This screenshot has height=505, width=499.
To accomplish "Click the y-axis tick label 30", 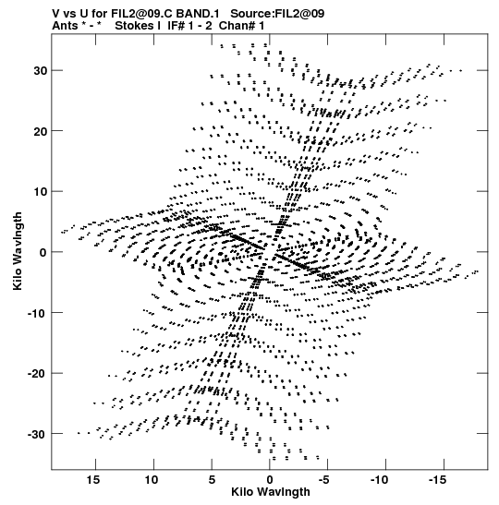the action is click(40, 71).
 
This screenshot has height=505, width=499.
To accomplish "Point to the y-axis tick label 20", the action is click(40, 131).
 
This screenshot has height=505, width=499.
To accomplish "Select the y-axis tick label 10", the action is click(40, 192).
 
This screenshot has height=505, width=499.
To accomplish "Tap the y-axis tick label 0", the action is click(43, 253).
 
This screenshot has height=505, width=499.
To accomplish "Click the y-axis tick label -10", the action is click(37, 313).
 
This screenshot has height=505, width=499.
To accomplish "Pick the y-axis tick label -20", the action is click(37, 374).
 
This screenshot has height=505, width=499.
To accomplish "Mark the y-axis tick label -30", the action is click(37, 435).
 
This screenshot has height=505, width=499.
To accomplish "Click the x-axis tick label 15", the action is click(93, 480).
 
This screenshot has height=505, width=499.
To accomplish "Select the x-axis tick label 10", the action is click(152, 480).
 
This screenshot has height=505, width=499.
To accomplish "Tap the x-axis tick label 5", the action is click(212, 480).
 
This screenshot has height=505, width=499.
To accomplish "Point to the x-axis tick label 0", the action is click(270, 480).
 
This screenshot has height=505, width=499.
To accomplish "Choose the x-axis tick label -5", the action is click(324, 480).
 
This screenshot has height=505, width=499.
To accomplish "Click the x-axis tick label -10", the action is click(380, 480).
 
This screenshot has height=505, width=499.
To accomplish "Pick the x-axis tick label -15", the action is click(437, 480).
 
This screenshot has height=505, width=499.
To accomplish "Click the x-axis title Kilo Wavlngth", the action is click(271, 492).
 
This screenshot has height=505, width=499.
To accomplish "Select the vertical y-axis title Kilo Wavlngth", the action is click(18, 251).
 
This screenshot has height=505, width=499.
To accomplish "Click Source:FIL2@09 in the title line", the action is click(277, 14).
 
